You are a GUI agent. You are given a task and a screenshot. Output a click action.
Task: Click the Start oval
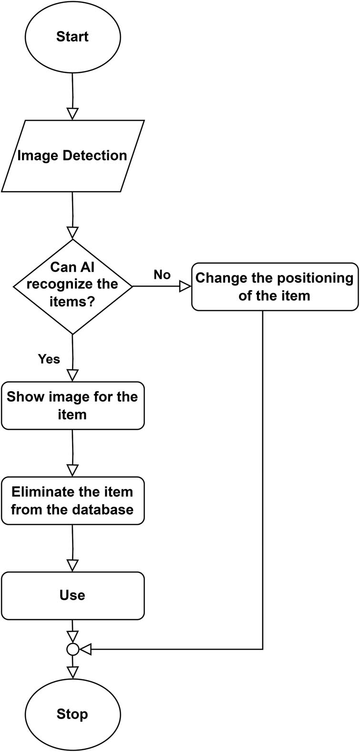click(72, 37)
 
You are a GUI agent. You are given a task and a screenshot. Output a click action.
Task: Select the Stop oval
click(72, 714)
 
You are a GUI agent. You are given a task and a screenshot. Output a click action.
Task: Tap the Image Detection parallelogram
click(72, 156)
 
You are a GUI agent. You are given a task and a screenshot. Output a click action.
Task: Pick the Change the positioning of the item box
click(275, 286)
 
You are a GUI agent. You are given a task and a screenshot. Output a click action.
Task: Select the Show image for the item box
click(72, 406)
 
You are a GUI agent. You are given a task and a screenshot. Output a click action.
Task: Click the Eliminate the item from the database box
click(72, 500)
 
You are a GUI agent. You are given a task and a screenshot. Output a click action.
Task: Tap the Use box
click(72, 595)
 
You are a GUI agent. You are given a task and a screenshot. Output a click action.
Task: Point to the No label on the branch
click(162, 275)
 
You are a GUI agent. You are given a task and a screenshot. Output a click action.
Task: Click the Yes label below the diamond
click(49, 359)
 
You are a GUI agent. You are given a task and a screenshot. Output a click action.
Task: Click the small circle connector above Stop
click(72, 649)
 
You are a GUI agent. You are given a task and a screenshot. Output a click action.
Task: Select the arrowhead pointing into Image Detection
click(72, 113)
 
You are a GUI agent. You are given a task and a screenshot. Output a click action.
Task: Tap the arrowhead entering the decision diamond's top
click(72, 233)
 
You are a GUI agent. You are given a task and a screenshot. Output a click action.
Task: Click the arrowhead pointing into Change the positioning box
click(185, 286)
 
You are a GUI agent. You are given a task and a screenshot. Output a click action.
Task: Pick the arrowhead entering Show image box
click(72, 375)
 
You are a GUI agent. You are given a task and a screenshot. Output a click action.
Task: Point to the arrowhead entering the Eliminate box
click(72, 470)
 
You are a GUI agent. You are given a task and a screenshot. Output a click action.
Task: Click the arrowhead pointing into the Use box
click(72, 565)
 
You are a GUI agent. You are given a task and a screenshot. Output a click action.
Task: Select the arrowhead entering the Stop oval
click(72, 672)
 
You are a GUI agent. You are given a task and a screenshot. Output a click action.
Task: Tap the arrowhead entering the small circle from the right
click(85, 649)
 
